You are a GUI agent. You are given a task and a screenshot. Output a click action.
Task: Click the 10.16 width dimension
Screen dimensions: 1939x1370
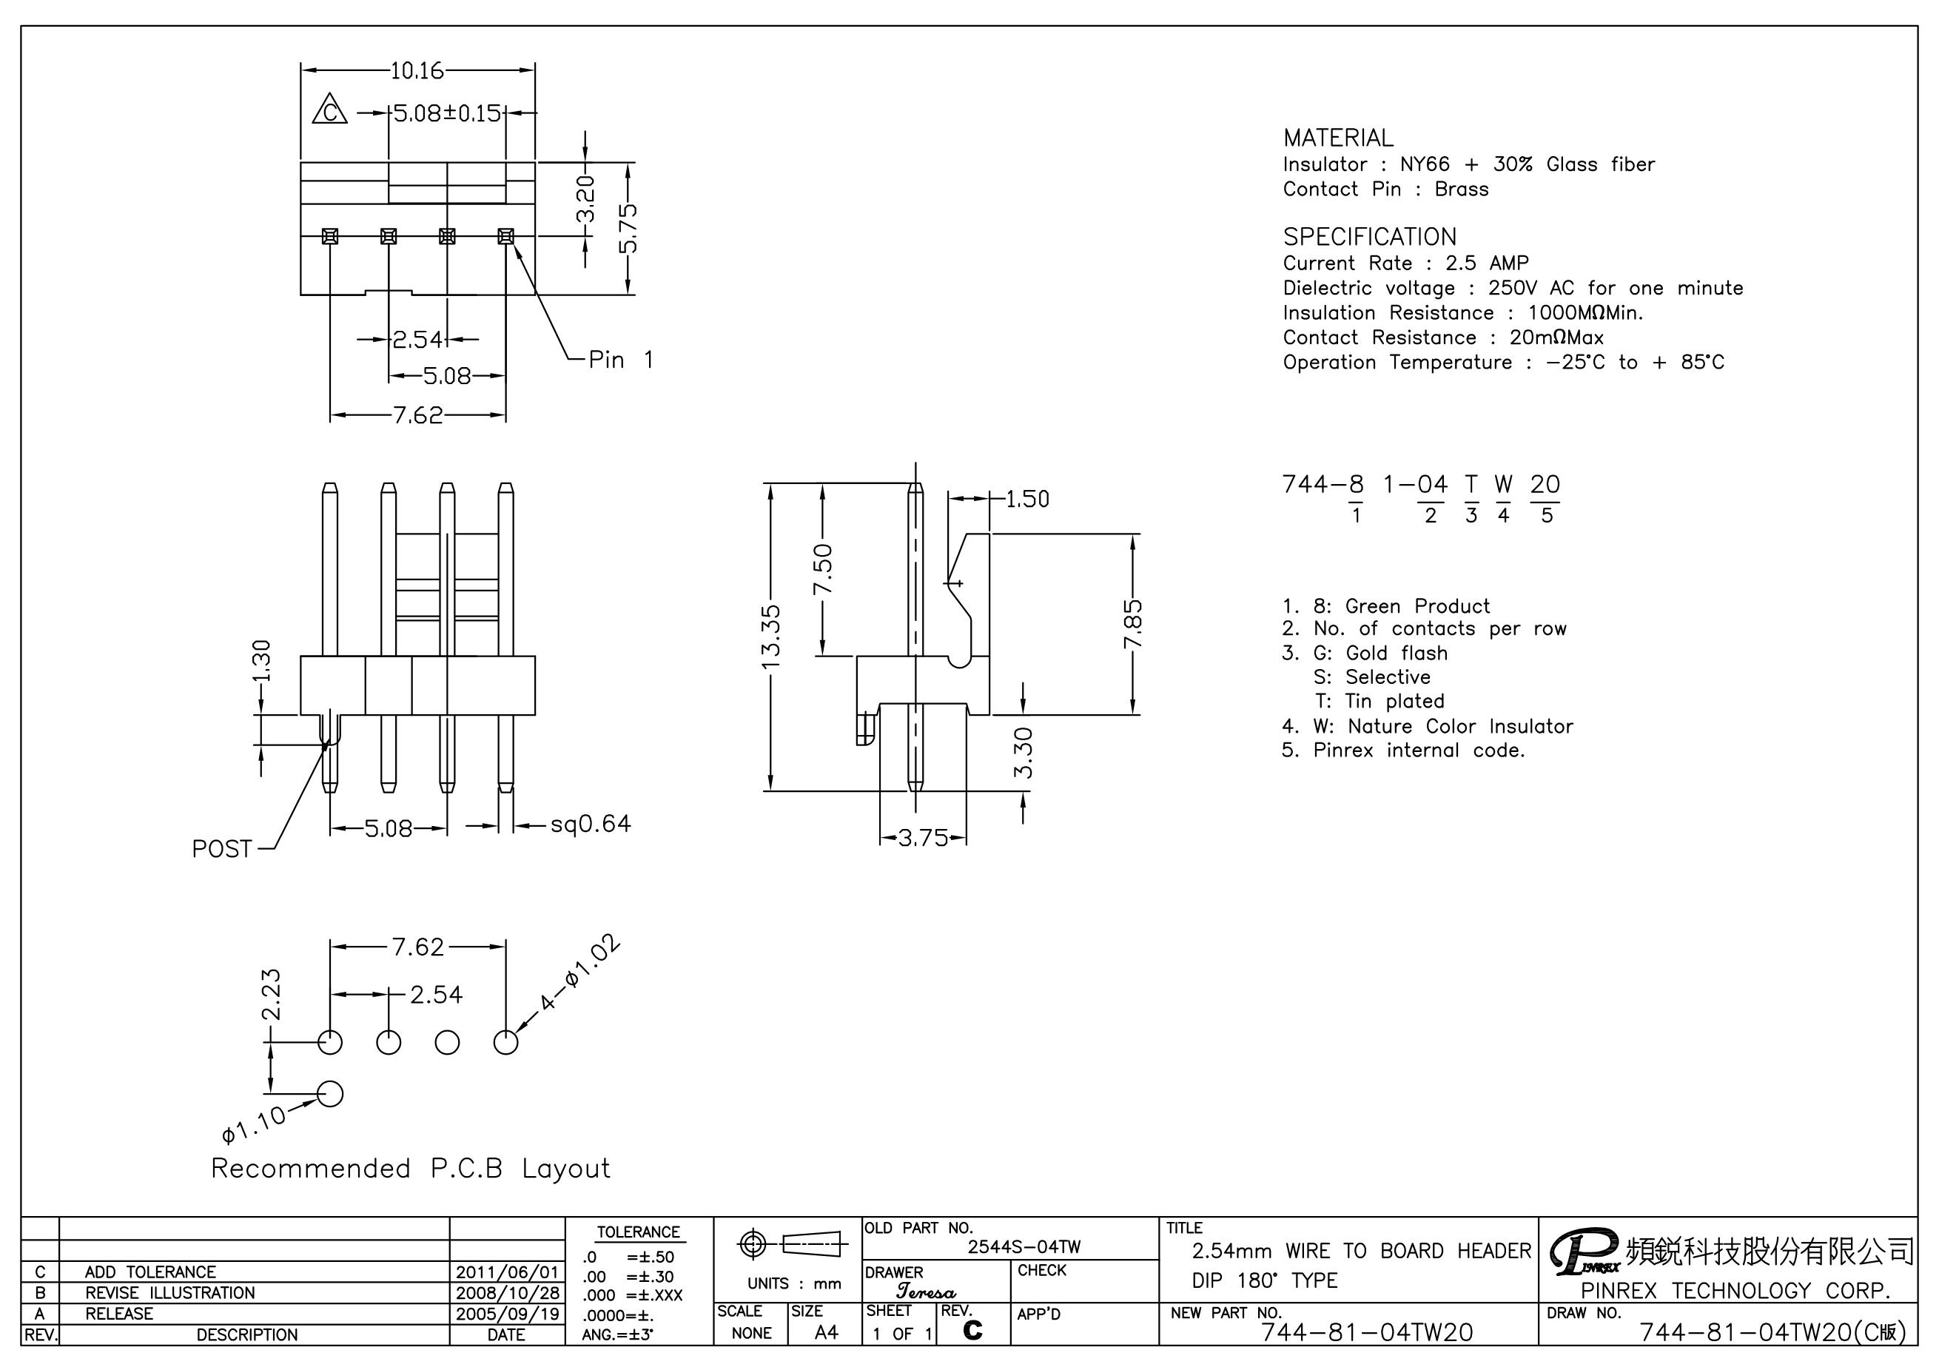pos(417,71)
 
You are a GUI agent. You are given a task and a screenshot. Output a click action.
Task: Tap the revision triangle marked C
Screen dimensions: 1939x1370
pos(330,110)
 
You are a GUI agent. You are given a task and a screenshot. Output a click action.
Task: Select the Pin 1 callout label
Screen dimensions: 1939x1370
pos(622,360)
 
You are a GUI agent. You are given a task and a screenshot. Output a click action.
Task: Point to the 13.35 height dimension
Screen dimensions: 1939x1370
pos(771,636)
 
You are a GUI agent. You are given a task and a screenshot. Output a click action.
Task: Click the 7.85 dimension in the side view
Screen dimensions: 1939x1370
pos(1133,623)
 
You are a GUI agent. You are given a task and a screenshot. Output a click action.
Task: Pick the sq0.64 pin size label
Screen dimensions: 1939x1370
pos(591,824)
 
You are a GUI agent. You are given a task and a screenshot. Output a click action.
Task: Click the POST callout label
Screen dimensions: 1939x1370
pos(222,849)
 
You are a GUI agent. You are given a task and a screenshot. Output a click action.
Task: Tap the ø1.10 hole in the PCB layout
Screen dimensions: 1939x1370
pos(330,1094)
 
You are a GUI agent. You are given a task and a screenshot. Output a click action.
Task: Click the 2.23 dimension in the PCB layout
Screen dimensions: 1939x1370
pos(271,994)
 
